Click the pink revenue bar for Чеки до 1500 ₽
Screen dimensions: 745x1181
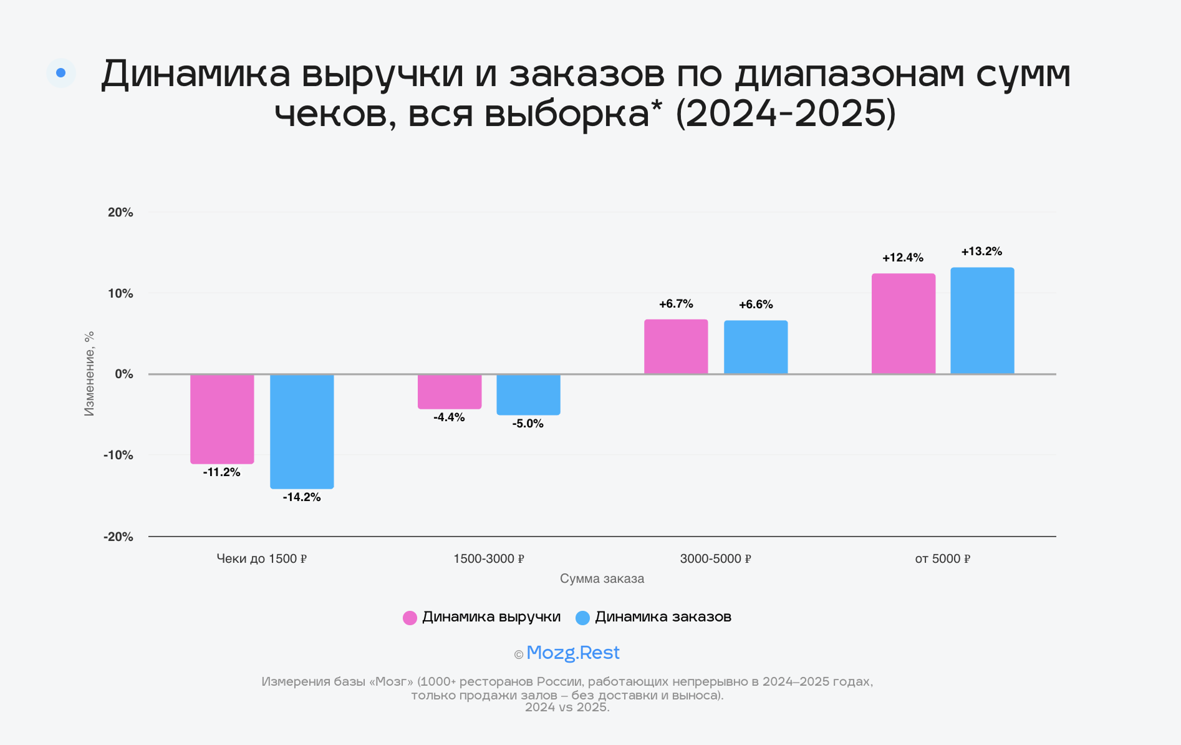[222, 419]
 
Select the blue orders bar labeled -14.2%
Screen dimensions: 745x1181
[302, 431]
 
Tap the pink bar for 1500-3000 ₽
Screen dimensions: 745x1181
[450, 392]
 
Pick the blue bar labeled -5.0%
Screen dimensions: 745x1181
[528, 394]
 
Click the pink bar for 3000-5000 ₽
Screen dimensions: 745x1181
[676, 347]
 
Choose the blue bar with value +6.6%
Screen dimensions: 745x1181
[756, 348]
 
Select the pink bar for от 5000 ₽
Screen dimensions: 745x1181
[904, 324]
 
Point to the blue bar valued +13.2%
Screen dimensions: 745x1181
[982, 321]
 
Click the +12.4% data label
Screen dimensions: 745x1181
[902, 258]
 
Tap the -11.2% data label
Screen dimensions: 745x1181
[221, 472]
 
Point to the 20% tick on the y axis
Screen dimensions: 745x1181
[120, 213]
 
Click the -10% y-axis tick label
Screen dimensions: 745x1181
[118, 455]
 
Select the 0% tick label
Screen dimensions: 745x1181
[123, 374]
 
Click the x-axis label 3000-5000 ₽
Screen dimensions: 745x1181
[715, 559]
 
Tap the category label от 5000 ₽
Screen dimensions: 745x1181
[942, 559]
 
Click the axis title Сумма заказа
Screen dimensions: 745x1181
[602, 578]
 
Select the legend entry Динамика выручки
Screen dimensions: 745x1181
[482, 617]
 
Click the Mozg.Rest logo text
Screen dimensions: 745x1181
[572, 653]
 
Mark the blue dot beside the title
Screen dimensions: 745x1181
[61, 73]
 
